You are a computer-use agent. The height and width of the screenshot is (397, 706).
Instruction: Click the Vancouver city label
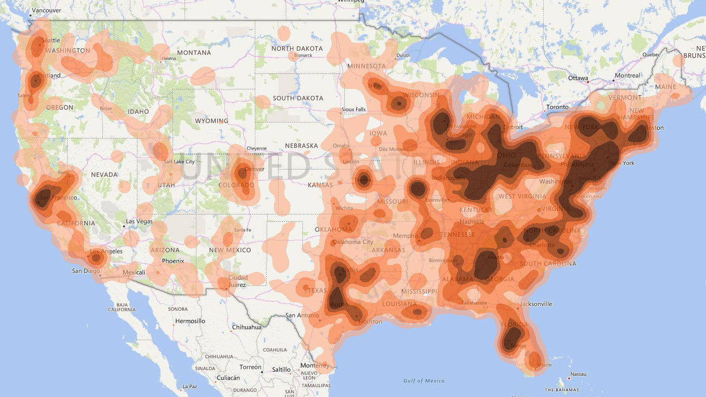click(x=46, y=10)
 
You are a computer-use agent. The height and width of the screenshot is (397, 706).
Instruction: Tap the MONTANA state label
click(x=194, y=53)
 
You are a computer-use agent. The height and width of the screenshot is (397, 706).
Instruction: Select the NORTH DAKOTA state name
click(x=297, y=49)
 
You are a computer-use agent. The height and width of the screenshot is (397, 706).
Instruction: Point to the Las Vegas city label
click(x=139, y=221)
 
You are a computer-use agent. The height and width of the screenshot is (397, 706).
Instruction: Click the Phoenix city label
click(x=173, y=261)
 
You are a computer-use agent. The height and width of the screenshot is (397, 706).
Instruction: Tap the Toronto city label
click(x=557, y=108)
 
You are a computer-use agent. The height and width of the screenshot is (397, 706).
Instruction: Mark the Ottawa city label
click(x=578, y=78)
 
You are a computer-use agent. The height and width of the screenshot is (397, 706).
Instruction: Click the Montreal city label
click(x=627, y=75)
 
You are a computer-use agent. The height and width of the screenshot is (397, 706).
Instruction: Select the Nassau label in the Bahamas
click(x=578, y=374)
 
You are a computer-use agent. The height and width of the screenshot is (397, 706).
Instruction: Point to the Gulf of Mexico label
click(x=424, y=381)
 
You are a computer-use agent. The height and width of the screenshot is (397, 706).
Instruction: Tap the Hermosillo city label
click(x=190, y=321)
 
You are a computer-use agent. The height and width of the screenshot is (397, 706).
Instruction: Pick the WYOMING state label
click(x=211, y=121)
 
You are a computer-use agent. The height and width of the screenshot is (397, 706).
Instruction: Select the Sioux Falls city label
click(x=354, y=110)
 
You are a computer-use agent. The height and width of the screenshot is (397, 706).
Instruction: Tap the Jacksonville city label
click(x=536, y=304)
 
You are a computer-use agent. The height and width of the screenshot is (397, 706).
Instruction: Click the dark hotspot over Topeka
click(x=363, y=180)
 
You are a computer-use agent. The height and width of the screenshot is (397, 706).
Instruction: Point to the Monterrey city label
click(x=314, y=366)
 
